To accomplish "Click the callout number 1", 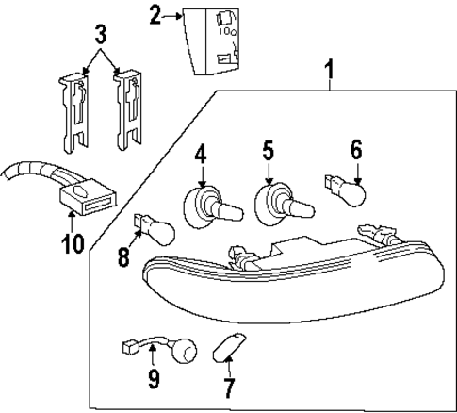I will pyautogui.click(x=330, y=69).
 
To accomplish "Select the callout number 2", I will pyautogui.click(x=155, y=14).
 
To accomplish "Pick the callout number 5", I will pyautogui.click(x=268, y=150).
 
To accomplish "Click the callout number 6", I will pyautogui.click(x=355, y=149).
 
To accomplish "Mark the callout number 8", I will pyautogui.click(x=124, y=256).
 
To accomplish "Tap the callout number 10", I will pyautogui.click(x=72, y=242).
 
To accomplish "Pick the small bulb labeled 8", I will pyautogui.click(x=154, y=229).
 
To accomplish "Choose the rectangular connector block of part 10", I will pyautogui.click(x=88, y=198).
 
